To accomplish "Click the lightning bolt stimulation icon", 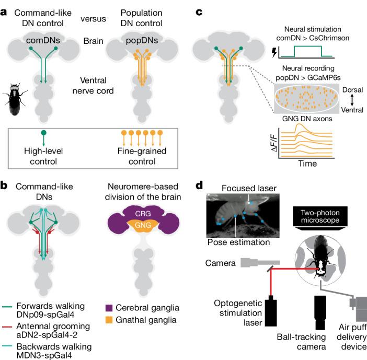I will pyautogui.click(x=273, y=52).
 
